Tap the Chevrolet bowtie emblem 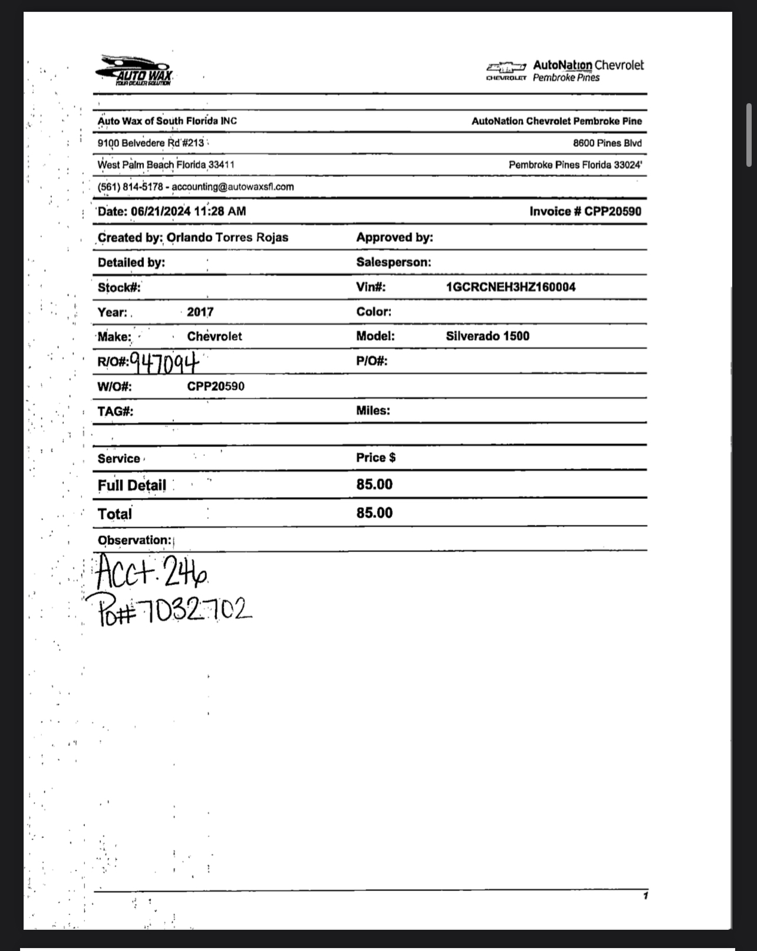[x=506, y=67]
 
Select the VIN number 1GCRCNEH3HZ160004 [x=511, y=287]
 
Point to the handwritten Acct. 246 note [x=150, y=571]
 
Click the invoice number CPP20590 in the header [x=613, y=211]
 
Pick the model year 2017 [x=200, y=312]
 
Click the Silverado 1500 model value [x=488, y=336]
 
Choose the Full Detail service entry [x=132, y=485]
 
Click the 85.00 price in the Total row [x=374, y=513]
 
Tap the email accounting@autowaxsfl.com [x=233, y=187]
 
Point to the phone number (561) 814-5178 [x=130, y=187]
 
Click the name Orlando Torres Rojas [x=228, y=237]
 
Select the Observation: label [x=134, y=540]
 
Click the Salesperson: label [x=393, y=262]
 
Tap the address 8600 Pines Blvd [x=607, y=143]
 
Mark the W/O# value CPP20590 [x=216, y=386]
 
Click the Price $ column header [x=376, y=458]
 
